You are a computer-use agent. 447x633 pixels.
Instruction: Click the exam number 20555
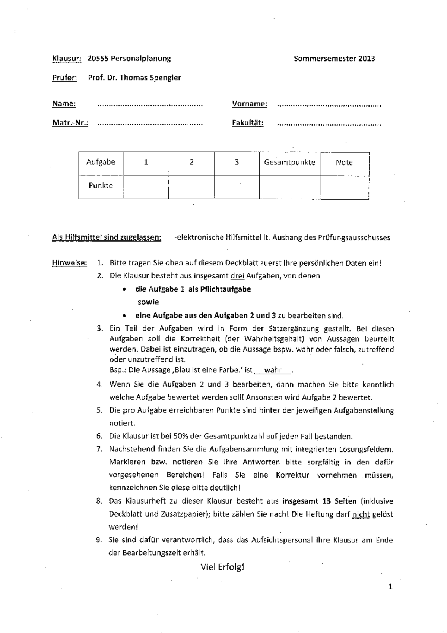[x=98, y=58]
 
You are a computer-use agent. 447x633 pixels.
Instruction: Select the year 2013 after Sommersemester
[x=367, y=58]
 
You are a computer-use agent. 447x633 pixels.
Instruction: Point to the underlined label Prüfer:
[x=64, y=78]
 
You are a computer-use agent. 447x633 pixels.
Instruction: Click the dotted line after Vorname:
[x=329, y=105]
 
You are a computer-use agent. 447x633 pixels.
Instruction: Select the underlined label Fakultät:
[x=248, y=123]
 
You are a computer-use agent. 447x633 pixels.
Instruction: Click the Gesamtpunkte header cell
[x=289, y=162]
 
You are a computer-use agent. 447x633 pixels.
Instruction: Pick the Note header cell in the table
[x=344, y=162]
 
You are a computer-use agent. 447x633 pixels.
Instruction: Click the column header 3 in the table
[x=237, y=162]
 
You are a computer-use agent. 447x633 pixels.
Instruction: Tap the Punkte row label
[x=101, y=185]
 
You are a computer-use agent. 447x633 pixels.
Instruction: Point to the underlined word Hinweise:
[x=69, y=263]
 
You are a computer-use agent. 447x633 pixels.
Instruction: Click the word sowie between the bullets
[x=148, y=302]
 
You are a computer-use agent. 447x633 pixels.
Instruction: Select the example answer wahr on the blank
[x=273, y=370]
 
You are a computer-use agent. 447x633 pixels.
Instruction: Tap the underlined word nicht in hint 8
[x=361, y=514]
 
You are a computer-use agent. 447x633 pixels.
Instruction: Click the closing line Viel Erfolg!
[x=222, y=567]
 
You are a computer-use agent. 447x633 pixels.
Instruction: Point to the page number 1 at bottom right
[x=390, y=587]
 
